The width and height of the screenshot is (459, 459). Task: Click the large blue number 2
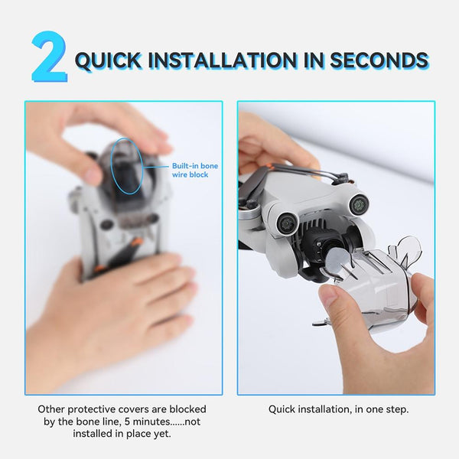pos(48,58)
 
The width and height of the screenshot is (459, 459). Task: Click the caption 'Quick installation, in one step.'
pos(338,410)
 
